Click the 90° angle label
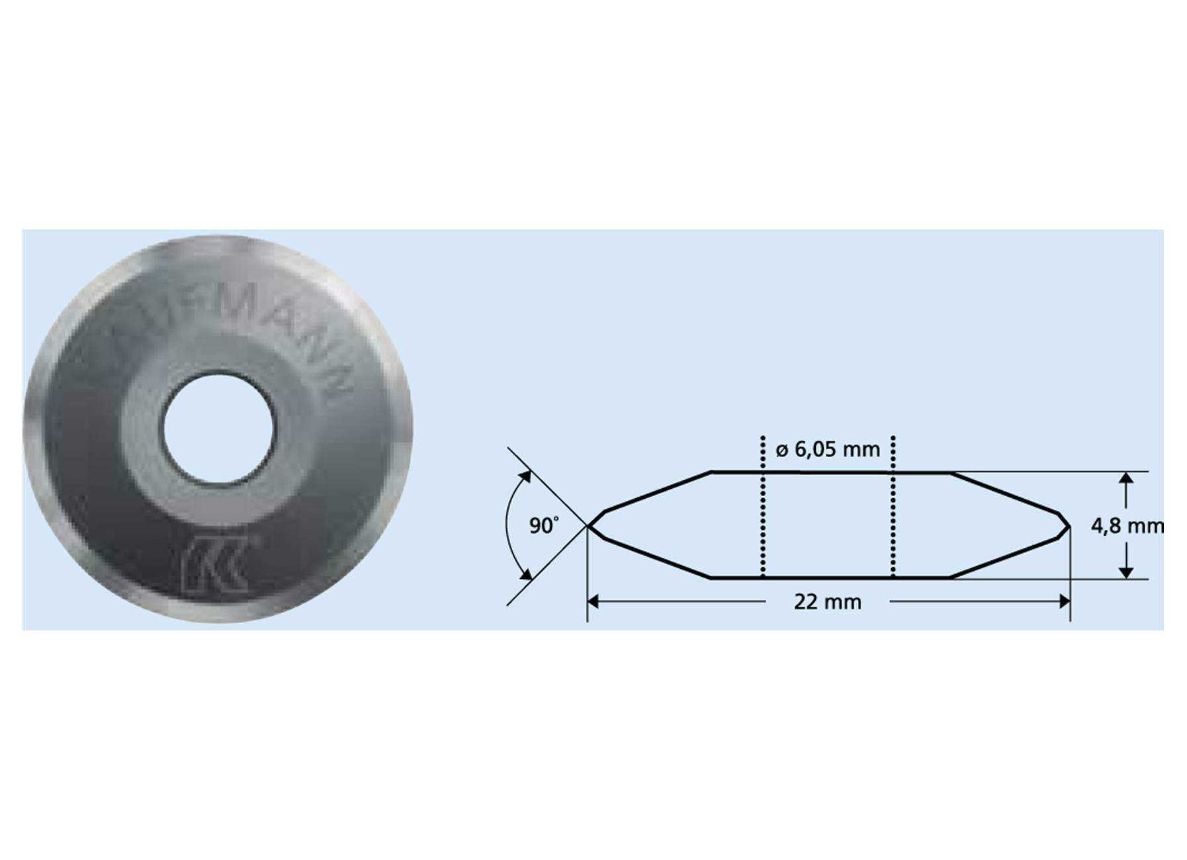pos(544,526)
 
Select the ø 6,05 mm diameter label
pos(828,450)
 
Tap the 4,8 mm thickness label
pos(1127,526)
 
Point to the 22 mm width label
pos(828,602)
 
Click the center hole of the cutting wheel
pos(218,429)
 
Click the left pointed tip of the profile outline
pos(588,527)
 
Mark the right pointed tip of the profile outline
pos(1069,527)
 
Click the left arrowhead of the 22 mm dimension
pos(593,601)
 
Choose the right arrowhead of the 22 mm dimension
pos(1065,601)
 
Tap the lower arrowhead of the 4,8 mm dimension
pos(1126,573)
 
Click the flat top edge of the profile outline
pos(830,472)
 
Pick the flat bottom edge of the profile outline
pos(830,578)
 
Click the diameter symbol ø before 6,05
pos(781,451)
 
